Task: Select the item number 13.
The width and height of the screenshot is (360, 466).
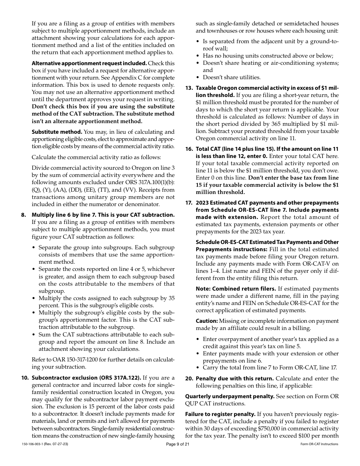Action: pos(189,88)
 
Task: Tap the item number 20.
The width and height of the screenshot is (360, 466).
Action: pos(189,378)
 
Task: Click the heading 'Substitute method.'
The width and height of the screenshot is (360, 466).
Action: pos(57,132)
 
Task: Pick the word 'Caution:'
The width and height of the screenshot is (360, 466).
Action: pos(207,321)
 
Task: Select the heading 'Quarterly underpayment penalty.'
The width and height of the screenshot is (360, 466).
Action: pos(230,396)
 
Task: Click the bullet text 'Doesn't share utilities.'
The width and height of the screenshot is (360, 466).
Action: pos(232,77)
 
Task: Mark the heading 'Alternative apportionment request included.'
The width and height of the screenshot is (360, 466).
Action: pos(89,63)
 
